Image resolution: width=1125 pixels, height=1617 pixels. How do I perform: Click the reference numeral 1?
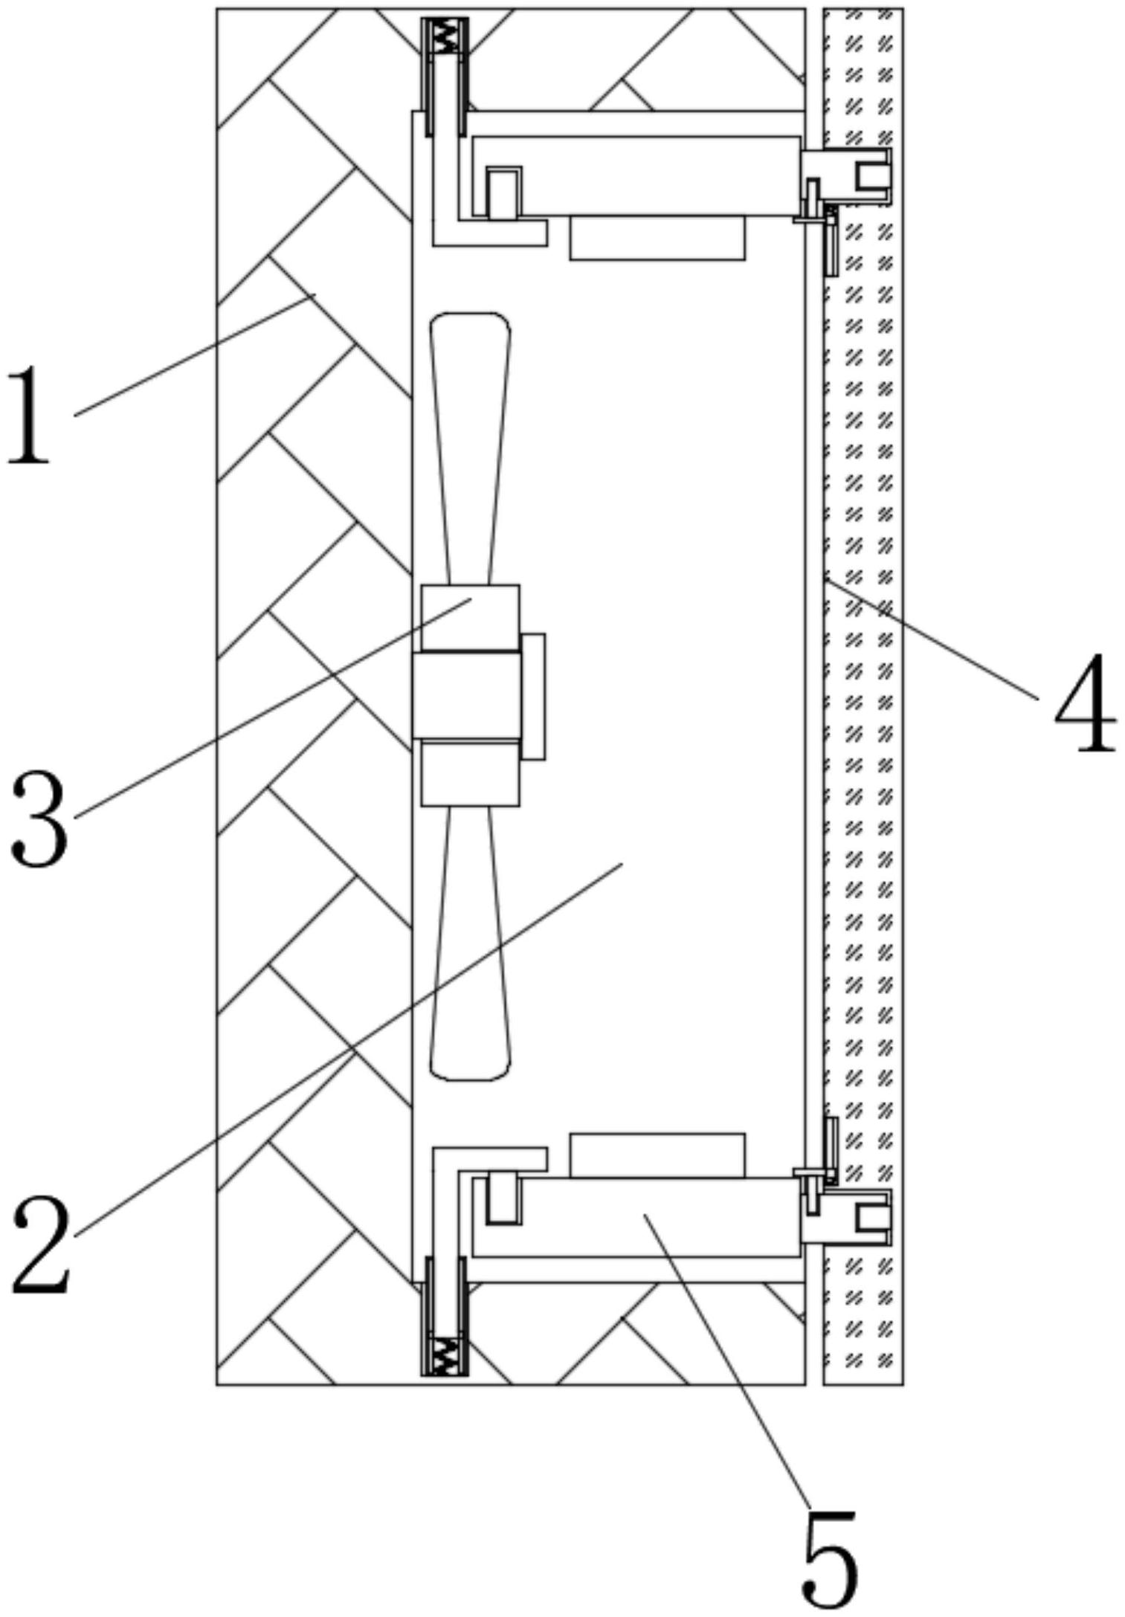(x=30, y=416)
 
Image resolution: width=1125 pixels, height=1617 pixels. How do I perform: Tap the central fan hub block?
(x=467, y=696)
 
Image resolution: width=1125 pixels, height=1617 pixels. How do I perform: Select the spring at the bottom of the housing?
(x=445, y=1357)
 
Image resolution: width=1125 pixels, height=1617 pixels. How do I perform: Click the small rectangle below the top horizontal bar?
(x=657, y=238)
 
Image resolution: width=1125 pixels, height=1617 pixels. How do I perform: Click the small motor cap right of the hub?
(x=533, y=696)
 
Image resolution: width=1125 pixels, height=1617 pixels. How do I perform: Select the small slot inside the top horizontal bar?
(x=504, y=193)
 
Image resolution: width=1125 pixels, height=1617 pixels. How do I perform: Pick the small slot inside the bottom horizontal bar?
(x=504, y=1199)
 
